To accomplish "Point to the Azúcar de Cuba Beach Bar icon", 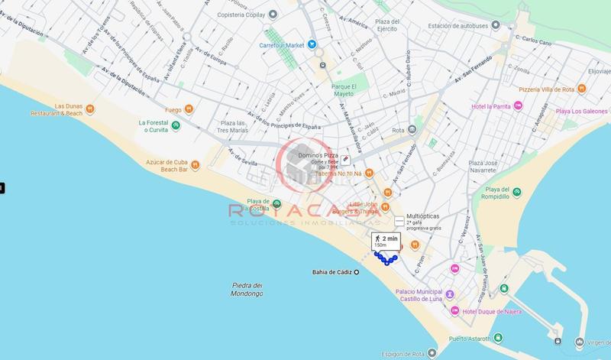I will point(196,165).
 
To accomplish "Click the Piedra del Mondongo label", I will point(247,290).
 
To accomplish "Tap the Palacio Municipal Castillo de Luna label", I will point(420,296).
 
